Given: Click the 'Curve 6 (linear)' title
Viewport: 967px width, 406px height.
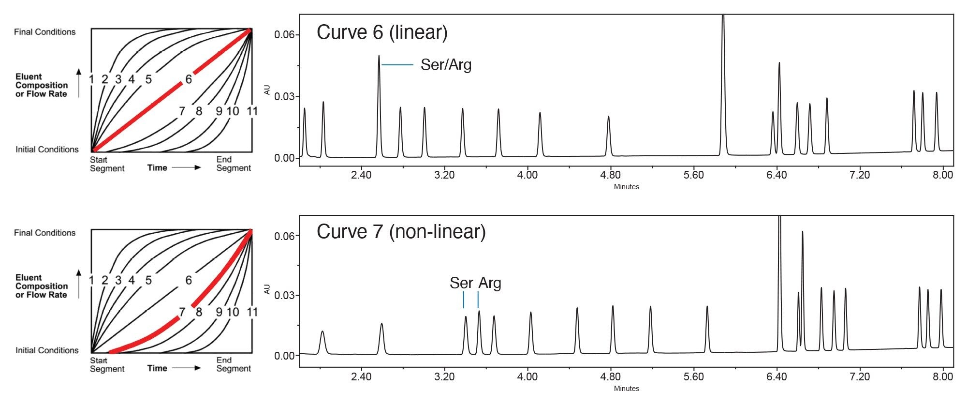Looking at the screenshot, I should [382, 32].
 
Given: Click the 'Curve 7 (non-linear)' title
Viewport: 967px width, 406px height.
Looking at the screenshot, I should [401, 232].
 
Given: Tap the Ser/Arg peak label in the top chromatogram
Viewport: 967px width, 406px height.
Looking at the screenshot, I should [446, 65].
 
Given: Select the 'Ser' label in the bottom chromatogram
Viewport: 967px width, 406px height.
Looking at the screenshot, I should [461, 283].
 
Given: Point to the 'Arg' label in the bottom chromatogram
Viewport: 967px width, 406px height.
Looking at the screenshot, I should [490, 283].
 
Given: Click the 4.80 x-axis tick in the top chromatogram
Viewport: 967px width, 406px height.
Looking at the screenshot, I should [611, 175].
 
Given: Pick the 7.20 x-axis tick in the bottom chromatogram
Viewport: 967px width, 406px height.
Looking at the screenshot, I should [860, 376].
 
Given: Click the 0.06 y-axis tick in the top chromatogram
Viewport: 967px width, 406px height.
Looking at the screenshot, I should [284, 35].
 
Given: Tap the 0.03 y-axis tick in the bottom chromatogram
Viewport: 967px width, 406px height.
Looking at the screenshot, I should [284, 296].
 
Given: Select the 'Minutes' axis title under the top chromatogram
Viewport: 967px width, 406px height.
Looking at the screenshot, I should [626, 187].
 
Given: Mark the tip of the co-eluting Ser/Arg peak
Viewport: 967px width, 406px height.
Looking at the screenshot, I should [379, 56].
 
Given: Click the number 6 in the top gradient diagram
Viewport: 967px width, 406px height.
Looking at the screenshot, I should [189, 79].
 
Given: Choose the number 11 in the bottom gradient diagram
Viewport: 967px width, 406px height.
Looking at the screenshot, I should [252, 312].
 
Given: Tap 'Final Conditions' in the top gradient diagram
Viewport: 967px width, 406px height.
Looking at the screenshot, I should [45, 32].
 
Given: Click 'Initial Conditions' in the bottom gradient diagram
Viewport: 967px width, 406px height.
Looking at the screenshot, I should [47, 350].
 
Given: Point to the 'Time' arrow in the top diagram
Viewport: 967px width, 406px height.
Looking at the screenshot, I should [186, 167].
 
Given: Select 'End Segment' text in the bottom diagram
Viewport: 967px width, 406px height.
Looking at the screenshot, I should [234, 364].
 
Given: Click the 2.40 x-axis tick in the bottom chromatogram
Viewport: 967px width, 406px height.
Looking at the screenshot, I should [361, 376].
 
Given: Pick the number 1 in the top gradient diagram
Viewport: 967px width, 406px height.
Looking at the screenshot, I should [91, 79].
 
